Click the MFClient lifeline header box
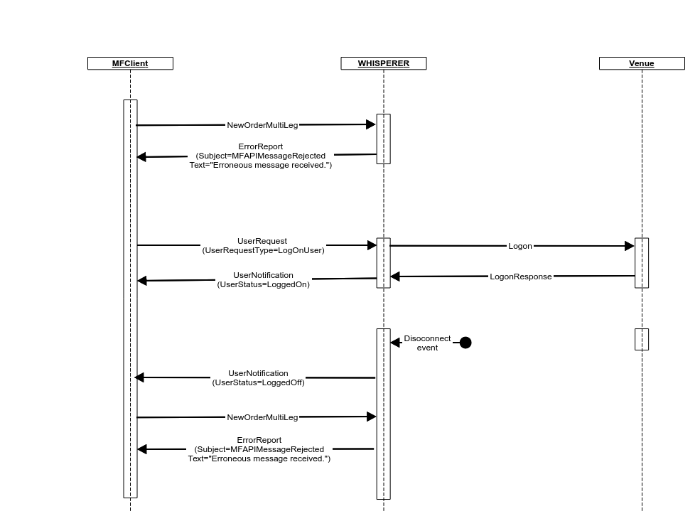pos(130,63)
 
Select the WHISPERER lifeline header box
pos(383,63)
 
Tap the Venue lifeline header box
pos(641,63)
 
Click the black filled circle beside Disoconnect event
pos(465,343)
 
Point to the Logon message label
pos(519,246)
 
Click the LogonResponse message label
pos(520,277)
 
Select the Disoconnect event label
pos(427,343)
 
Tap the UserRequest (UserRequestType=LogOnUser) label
pos(263,245)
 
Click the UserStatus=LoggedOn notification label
pos(263,279)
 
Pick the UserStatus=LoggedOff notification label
pos(258,377)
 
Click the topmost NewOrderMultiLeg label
pos(262,125)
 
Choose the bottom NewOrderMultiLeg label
pos(262,417)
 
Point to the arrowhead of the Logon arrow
pos(630,246)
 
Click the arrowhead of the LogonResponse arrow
pos(395,277)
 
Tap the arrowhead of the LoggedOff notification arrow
pos(139,377)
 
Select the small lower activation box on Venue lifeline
pos(641,339)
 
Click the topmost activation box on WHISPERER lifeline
pos(383,139)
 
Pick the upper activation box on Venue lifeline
pos(641,262)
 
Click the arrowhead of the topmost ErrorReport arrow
pos(141,157)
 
